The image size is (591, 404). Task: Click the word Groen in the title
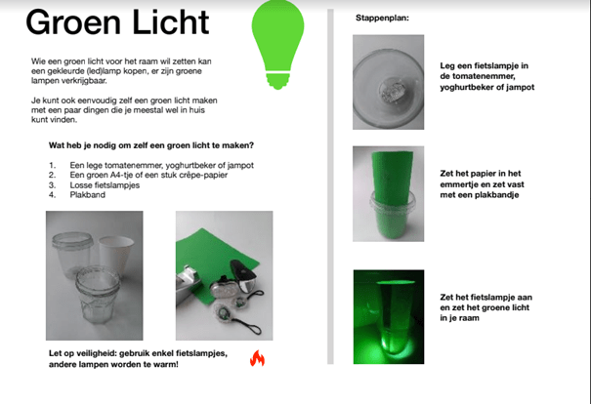click(73, 22)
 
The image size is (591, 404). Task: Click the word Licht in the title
click(171, 22)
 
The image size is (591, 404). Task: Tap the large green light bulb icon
click(277, 45)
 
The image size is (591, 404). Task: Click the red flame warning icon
click(258, 358)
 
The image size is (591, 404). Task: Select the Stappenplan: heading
click(382, 18)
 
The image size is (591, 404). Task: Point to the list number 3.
click(52, 185)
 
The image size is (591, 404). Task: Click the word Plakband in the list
click(88, 195)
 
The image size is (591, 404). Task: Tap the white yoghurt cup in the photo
click(116, 256)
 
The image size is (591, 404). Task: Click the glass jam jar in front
click(98, 295)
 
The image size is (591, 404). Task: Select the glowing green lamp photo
click(389, 317)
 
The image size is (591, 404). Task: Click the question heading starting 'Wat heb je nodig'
click(151, 145)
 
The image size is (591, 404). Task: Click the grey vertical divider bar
click(330, 186)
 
